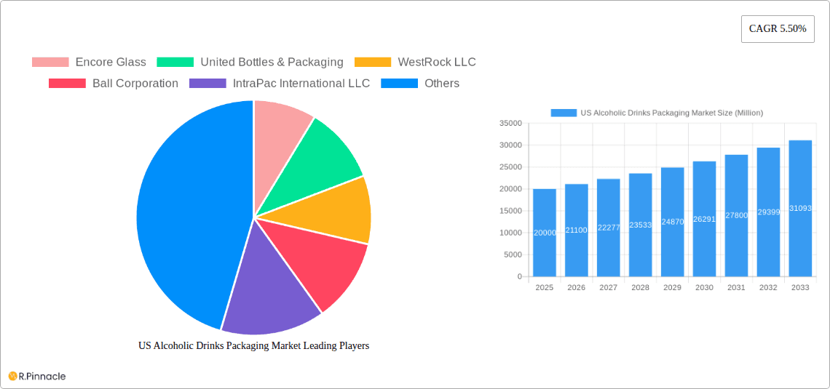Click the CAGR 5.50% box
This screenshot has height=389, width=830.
(x=777, y=28)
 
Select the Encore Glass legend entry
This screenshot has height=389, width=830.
(x=89, y=63)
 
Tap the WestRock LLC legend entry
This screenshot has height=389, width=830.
(x=415, y=63)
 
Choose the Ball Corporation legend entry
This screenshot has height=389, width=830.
(x=114, y=84)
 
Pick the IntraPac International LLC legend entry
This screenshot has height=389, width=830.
(x=280, y=84)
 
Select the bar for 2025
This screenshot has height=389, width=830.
(x=545, y=233)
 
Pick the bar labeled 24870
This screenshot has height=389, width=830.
(x=672, y=222)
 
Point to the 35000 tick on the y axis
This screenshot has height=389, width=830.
(x=511, y=124)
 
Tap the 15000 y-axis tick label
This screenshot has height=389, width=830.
(x=511, y=211)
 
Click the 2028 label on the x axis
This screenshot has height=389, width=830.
(x=640, y=288)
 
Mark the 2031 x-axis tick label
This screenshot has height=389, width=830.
(x=736, y=288)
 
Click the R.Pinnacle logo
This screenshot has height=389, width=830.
(x=37, y=376)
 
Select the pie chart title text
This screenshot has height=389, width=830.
(x=253, y=346)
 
